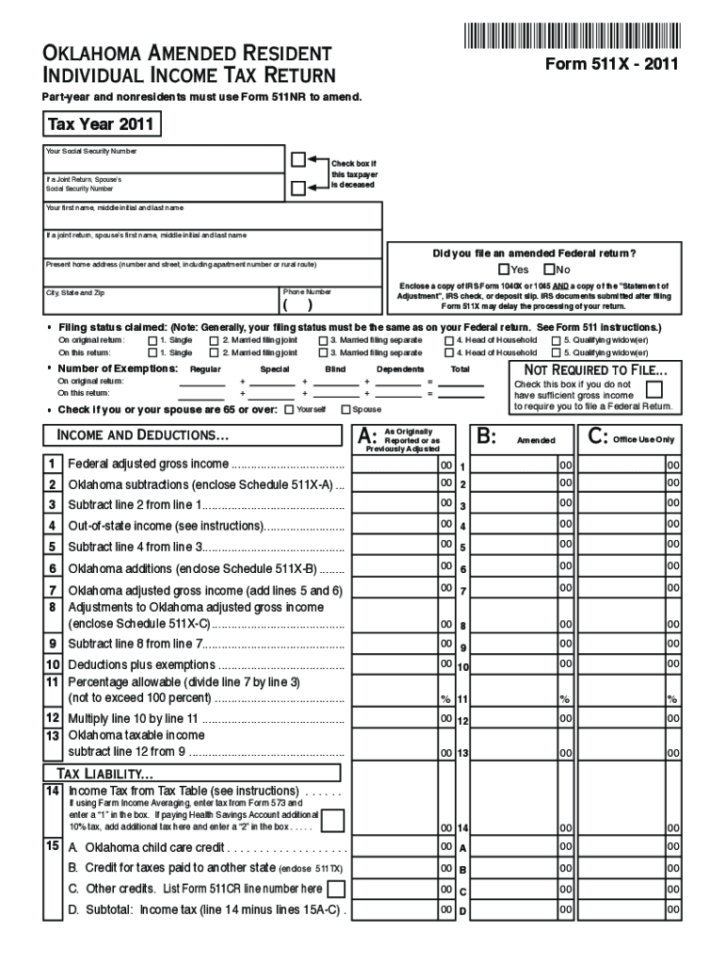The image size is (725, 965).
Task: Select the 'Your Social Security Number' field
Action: click(x=165, y=160)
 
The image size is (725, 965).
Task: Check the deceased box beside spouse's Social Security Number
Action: click(x=298, y=188)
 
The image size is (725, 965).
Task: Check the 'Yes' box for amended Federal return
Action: click(x=504, y=270)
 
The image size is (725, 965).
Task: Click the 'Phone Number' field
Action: click(x=331, y=303)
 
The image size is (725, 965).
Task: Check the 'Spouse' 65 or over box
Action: click(x=345, y=409)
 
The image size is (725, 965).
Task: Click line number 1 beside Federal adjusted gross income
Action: click(x=53, y=464)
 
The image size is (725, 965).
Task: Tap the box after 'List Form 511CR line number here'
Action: click(x=335, y=889)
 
